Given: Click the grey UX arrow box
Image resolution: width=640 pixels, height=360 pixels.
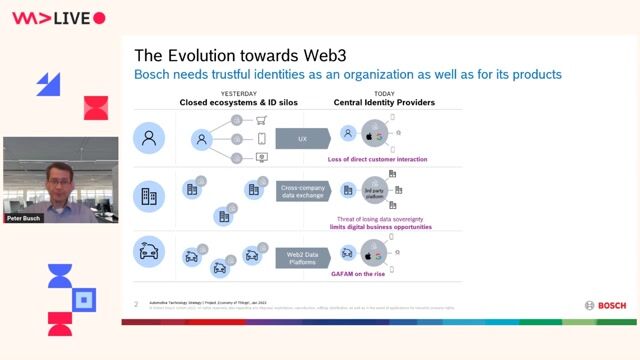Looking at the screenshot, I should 302,139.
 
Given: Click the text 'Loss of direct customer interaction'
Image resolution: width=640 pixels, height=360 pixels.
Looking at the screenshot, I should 377,159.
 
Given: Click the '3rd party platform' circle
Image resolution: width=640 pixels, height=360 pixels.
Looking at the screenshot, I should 373,189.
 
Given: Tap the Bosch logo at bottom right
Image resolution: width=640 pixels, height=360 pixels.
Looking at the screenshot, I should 605,306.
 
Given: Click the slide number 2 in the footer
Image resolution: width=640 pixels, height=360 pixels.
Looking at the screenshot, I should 136,303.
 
